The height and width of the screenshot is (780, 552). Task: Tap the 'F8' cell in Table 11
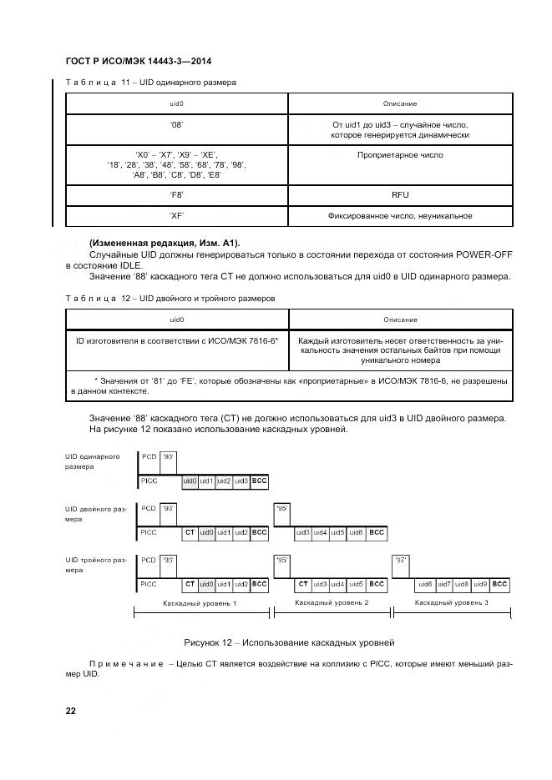coord(176,194)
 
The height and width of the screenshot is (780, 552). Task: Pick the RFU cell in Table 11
coord(400,194)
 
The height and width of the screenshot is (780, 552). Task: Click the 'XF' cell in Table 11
coord(176,215)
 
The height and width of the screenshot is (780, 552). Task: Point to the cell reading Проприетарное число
coord(400,155)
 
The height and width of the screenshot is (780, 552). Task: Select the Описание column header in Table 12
coord(400,320)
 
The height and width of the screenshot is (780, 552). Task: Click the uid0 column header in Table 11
coord(176,103)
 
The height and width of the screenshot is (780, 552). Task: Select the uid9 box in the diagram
coord(481,584)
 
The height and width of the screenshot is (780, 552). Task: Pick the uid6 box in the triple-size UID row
coord(425,584)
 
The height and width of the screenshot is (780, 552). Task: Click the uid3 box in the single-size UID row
coord(241,481)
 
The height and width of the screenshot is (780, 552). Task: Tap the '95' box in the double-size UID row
coord(282,508)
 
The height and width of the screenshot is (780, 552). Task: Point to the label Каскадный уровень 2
coord(332,601)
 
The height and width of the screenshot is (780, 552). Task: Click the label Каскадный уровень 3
coord(451,601)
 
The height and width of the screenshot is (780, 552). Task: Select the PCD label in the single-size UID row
coord(149,457)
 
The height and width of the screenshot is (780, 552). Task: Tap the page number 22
coord(71,711)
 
